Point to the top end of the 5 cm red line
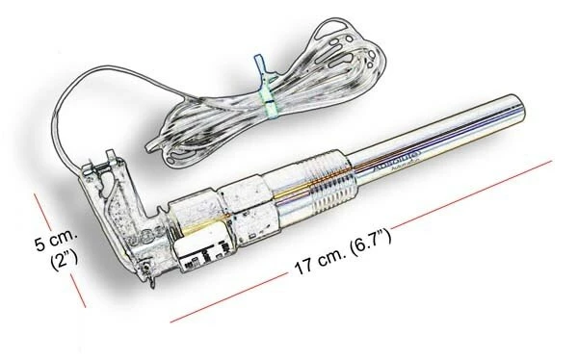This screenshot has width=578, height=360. pyautogui.click(x=37, y=195)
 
